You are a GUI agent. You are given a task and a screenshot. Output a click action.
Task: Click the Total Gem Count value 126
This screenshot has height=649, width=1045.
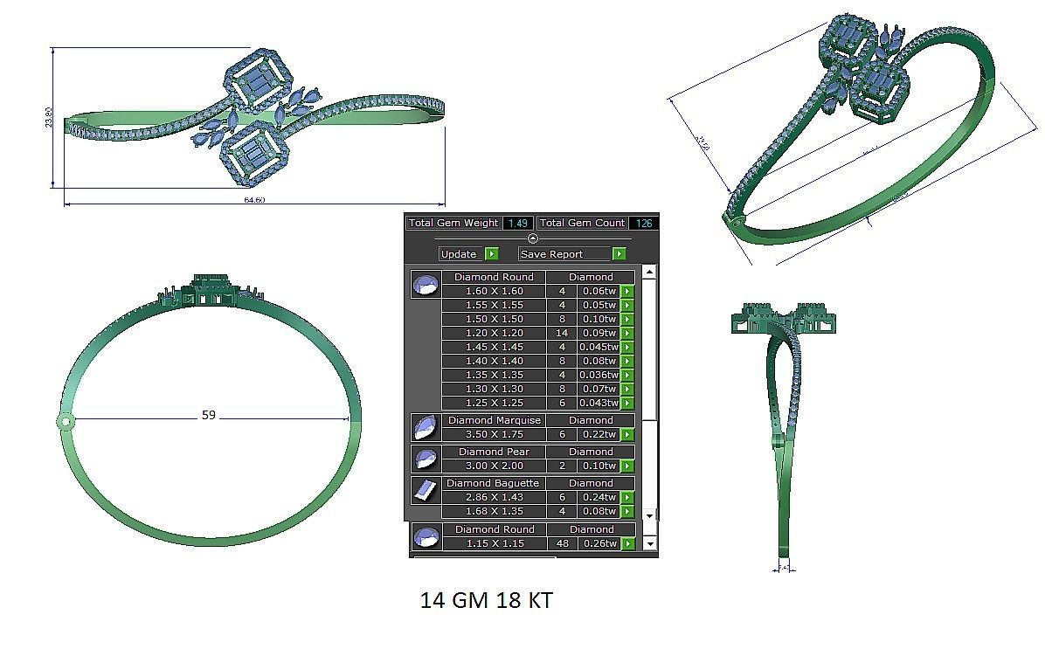pyautogui.click(x=644, y=224)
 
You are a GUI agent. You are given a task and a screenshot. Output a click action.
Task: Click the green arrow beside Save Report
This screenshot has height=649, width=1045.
pyautogui.click(x=619, y=254)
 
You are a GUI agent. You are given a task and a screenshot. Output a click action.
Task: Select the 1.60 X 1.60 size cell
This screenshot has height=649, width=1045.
pyautogui.click(x=494, y=291)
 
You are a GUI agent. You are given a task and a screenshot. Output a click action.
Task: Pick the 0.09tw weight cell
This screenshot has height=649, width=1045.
pyautogui.click(x=598, y=333)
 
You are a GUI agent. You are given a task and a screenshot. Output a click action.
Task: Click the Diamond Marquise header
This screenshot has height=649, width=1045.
pyautogui.click(x=494, y=420)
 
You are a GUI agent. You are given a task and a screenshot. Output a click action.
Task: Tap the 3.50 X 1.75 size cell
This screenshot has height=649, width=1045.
pyautogui.click(x=494, y=434)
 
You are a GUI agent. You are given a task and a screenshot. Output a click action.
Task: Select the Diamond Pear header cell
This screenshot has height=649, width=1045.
pyautogui.click(x=494, y=452)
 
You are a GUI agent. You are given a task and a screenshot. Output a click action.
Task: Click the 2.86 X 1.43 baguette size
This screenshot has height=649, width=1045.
pyautogui.click(x=494, y=497)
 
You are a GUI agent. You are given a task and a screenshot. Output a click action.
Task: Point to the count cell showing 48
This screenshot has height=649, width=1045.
pyautogui.click(x=562, y=543)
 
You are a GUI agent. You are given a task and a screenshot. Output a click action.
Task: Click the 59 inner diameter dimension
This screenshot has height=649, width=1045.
pyautogui.click(x=208, y=416)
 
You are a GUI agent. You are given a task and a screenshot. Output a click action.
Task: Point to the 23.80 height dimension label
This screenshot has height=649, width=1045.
pyautogui.click(x=49, y=117)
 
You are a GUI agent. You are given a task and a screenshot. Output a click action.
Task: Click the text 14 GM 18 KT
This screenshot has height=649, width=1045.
pyautogui.click(x=486, y=601)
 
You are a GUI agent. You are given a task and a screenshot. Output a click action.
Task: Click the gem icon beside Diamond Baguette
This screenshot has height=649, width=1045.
pyautogui.click(x=426, y=490)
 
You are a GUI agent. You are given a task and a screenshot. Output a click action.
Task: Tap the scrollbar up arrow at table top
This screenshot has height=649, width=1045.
pyautogui.click(x=649, y=272)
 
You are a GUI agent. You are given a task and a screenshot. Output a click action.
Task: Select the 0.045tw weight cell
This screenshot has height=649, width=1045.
pyautogui.click(x=598, y=347)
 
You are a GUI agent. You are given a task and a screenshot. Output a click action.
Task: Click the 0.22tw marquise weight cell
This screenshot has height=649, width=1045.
pyautogui.click(x=598, y=434)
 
